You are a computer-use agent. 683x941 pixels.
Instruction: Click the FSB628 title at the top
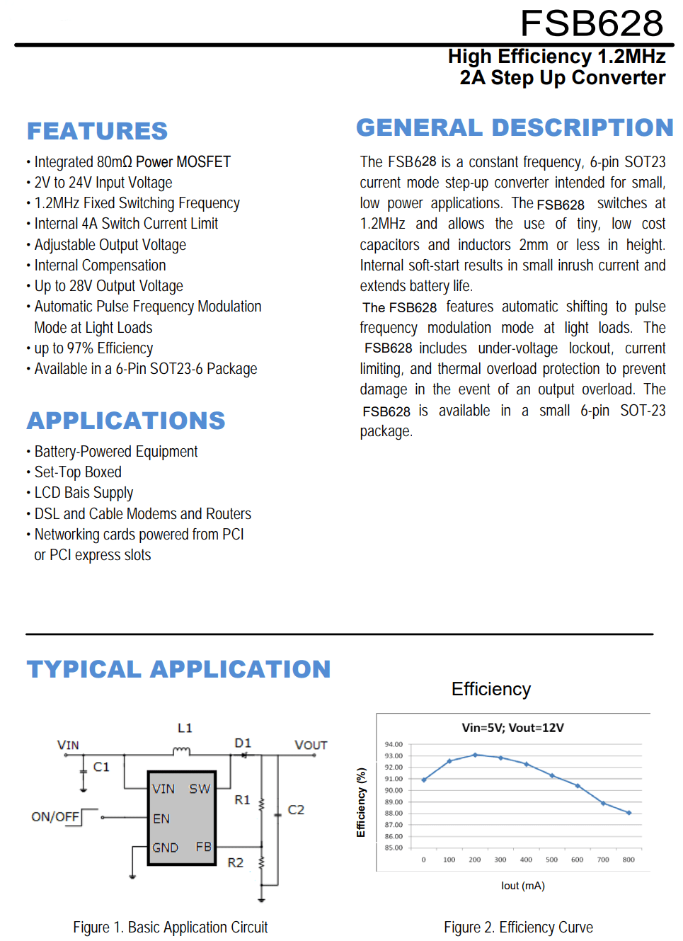point(592,23)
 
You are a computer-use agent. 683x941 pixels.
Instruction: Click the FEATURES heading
point(97,131)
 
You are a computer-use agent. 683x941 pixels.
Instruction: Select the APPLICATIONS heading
point(126,421)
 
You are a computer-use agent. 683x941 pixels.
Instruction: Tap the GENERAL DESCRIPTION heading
point(515,127)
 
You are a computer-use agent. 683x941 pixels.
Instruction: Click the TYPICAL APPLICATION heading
point(178,669)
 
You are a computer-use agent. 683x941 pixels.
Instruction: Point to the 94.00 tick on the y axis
point(394,744)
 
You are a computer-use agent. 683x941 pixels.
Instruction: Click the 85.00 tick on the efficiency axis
point(394,848)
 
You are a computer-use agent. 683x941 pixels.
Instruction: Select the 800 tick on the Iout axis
point(629,860)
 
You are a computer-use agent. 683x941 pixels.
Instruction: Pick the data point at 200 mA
point(475,755)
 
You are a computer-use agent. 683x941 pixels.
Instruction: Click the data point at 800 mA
point(629,813)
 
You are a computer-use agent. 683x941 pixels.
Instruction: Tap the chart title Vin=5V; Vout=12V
point(512,727)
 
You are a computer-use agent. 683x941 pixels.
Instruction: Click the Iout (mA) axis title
point(522,886)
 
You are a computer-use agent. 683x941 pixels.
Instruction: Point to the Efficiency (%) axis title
point(361,802)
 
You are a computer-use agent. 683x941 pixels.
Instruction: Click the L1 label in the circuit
point(185,728)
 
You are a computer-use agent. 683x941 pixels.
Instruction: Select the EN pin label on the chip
point(161,819)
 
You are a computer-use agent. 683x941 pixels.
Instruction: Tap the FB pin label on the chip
point(203,847)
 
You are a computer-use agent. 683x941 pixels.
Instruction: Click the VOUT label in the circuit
point(311,745)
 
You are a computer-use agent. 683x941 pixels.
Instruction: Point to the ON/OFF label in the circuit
point(55,816)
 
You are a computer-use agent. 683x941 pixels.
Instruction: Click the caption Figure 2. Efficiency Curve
point(518,928)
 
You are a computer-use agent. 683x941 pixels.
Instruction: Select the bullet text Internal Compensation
point(100,266)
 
